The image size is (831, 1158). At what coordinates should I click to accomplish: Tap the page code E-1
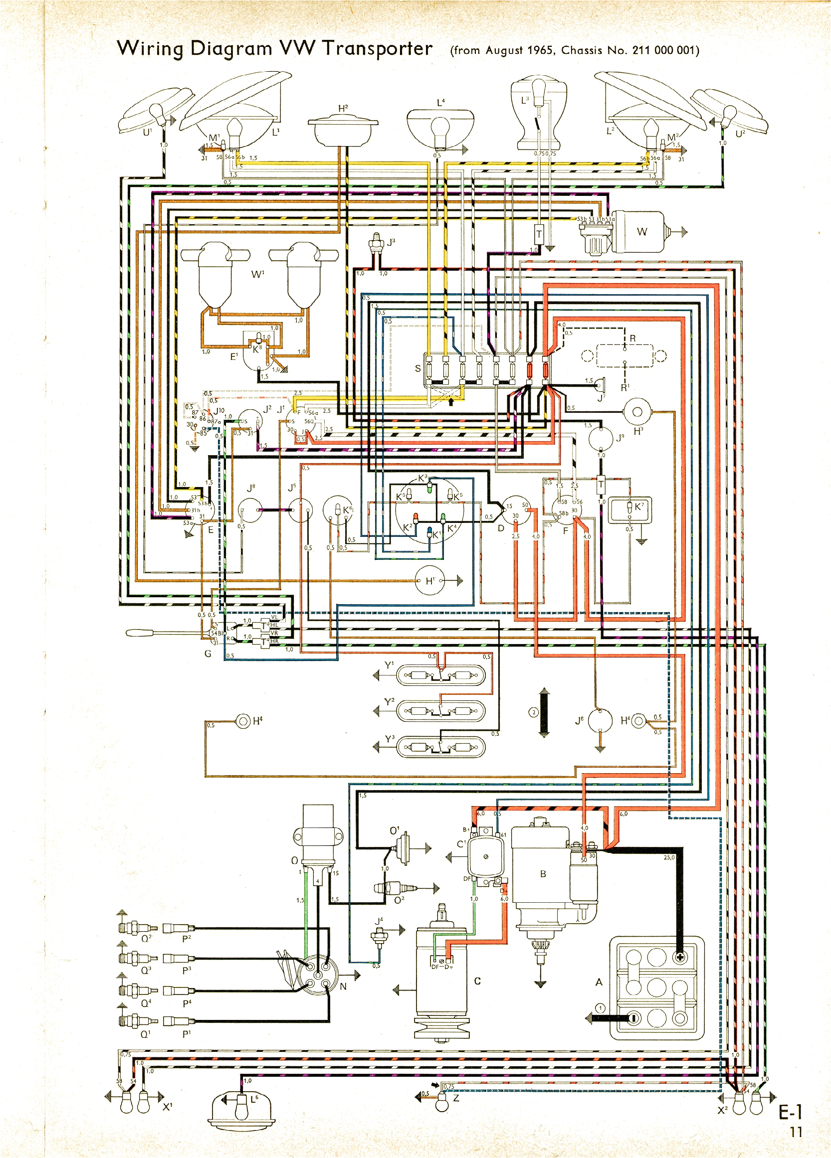[790, 1112]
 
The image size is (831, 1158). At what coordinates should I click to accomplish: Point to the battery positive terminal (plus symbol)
[680, 957]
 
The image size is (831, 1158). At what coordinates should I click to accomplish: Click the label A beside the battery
[599, 982]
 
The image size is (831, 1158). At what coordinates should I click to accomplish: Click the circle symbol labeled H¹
[430, 581]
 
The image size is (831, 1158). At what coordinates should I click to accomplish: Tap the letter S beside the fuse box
[418, 368]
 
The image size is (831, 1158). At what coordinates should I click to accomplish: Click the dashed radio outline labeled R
[624, 356]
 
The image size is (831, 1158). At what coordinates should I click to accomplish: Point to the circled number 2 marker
[533, 712]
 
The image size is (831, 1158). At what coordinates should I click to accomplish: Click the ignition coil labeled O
[318, 837]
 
